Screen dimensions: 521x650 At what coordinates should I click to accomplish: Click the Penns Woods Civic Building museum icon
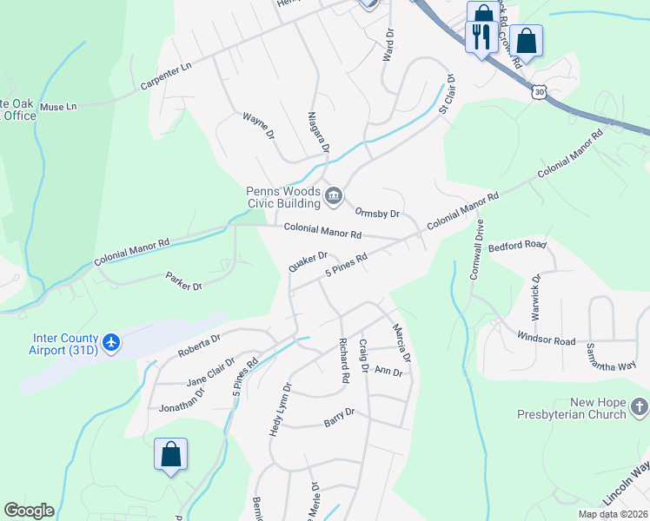pos(333,199)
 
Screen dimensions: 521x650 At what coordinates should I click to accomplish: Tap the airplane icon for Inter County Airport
pos(110,342)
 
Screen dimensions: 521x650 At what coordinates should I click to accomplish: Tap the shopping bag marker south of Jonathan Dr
pos(170,454)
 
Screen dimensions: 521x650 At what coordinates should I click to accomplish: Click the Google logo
pos(29,511)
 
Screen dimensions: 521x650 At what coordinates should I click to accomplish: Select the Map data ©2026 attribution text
pos(613,514)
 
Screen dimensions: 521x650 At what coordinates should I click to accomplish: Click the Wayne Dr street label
pos(258,126)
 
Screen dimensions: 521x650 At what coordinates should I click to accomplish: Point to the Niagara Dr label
pos(318,132)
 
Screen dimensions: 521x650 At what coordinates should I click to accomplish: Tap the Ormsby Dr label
pos(377,213)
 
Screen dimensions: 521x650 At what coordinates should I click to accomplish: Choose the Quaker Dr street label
pos(308,261)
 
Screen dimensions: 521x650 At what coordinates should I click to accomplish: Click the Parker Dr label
pos(183,280)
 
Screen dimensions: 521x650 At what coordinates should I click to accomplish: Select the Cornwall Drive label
pos(475,249)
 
